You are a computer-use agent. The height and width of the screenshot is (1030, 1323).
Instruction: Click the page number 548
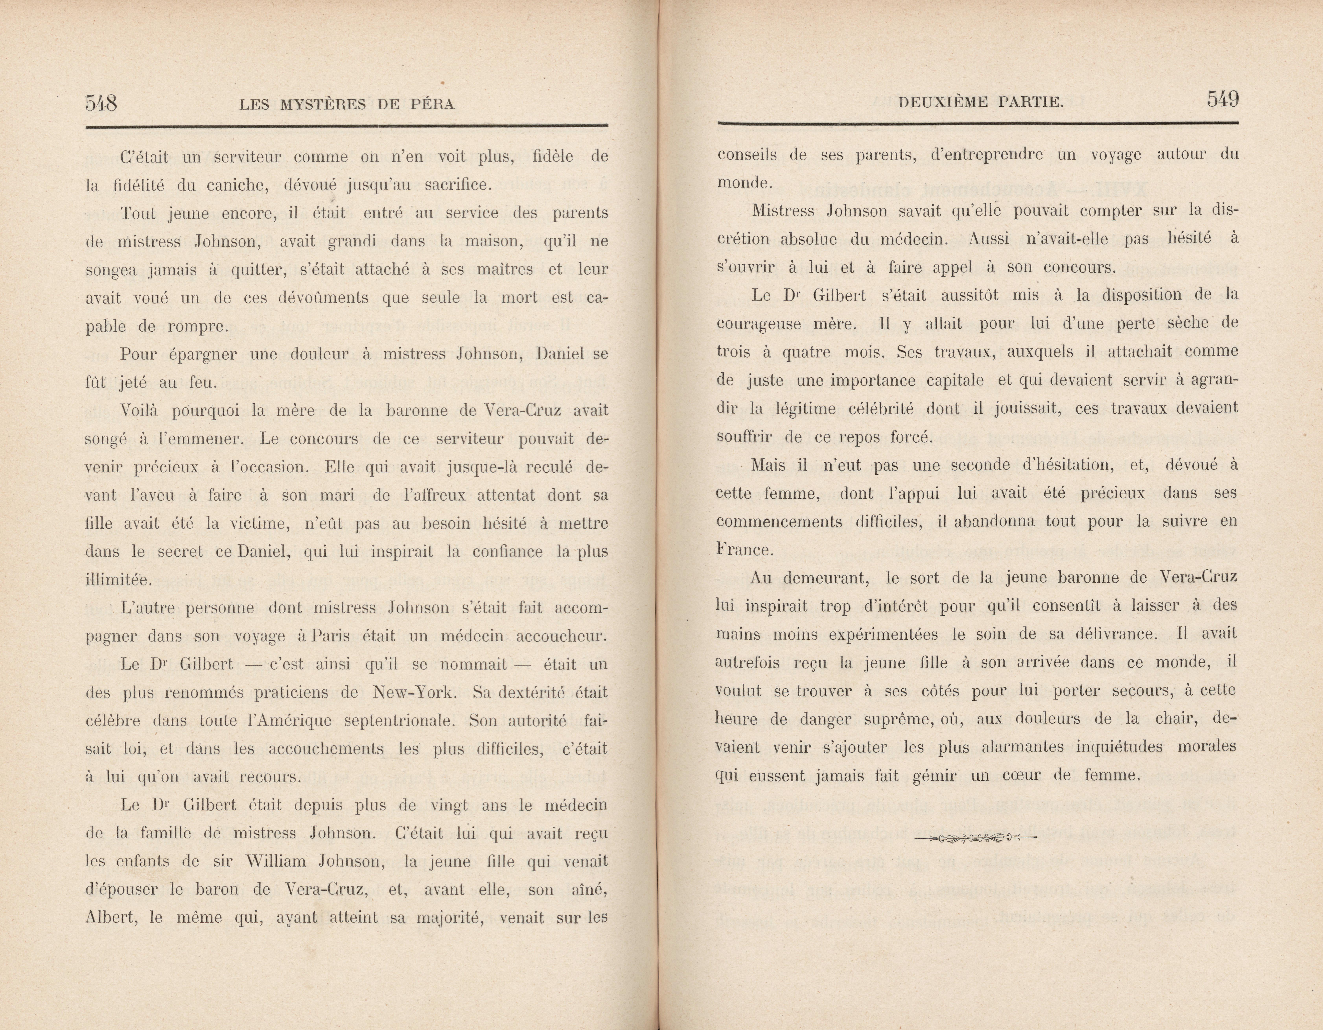coord(101,102)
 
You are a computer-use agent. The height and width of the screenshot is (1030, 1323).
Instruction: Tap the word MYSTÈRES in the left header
coord(322,104)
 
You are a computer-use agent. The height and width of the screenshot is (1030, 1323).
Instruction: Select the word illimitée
coord(118,580)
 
